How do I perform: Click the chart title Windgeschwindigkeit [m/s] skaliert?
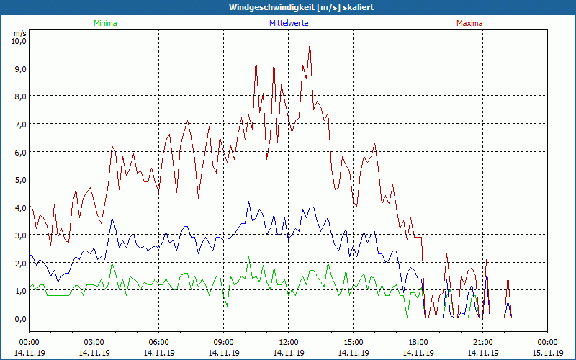pyautogui.click(x=287, y=7)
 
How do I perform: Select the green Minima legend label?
pyautogui.click(x=104, y=23)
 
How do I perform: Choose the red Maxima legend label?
pyautogui.click(x=469, y=23)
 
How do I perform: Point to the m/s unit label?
pyautogui.click(x=19, y=33)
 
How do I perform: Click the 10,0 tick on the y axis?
pyautogui.click(x=18, y=40)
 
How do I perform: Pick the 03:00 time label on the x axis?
pyautogui.click(x=94, y=342)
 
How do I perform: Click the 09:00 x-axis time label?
pyautogui.click(x=223, y=342)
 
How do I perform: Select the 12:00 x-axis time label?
pyautogui.click(x=288, y=342)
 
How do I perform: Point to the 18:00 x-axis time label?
pyautogui.click(x=418, y=342)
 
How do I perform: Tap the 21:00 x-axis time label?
pyautogui.click(x=482, y=342)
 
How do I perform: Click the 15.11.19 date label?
pyautogui.click(x=547, y=353)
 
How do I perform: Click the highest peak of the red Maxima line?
pyautogui.click(x=310, y=42)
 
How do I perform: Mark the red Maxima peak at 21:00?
pyautogui.click(x=486, y=261)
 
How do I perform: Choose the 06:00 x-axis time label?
pyautogui.click(x=158, y=342)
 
